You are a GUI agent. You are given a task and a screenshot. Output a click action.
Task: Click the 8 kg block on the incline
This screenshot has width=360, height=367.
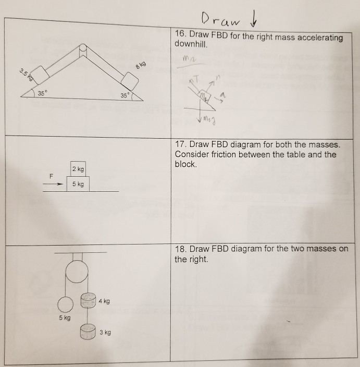130,80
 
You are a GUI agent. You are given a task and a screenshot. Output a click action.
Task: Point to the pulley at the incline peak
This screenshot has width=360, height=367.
82,50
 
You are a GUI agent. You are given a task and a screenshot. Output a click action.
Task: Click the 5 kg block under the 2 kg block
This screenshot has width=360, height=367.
78,184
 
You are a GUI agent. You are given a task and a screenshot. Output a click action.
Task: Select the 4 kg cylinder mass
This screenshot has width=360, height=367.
88,300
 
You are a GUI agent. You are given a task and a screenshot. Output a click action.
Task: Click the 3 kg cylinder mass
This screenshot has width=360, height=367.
88,331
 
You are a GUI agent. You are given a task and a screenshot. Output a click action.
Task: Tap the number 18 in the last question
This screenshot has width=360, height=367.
180,249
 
